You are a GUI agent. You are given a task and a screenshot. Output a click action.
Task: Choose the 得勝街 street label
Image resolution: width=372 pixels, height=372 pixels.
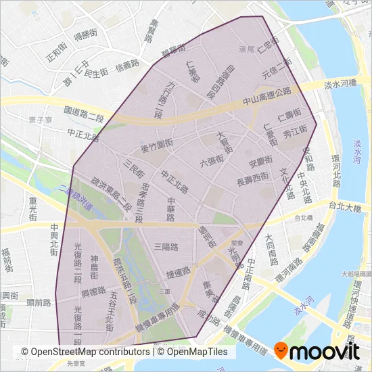(86, 34)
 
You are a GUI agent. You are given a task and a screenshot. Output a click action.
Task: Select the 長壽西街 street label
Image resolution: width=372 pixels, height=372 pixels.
(253, 181)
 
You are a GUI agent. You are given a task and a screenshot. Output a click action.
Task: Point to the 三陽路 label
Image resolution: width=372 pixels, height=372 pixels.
(166, 246)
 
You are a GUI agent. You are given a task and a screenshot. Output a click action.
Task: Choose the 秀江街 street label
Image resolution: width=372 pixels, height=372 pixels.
(296, 129)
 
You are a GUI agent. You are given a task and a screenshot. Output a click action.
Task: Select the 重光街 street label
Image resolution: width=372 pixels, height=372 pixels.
(32, 208)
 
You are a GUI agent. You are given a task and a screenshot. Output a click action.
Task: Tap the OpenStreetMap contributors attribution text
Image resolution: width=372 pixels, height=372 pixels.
(85, 352)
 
